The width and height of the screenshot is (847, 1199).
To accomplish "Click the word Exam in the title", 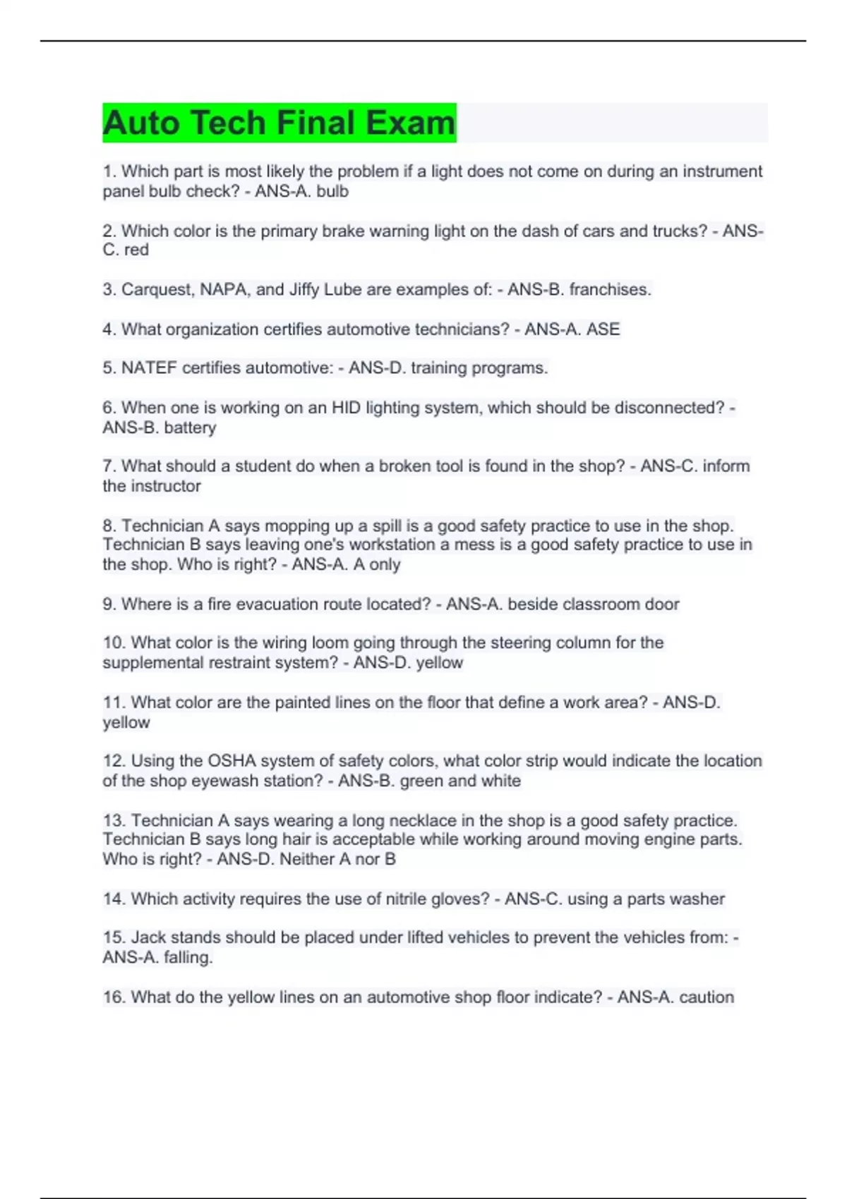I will click(x=410, y=123).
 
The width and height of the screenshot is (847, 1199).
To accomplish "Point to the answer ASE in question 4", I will click(x=603, y=329).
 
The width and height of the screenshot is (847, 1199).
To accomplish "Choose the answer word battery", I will click(x=190, y=427).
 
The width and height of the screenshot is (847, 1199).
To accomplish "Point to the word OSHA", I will click(x=224, y=761).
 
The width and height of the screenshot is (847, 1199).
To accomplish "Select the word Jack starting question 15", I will click(x=148, y=937).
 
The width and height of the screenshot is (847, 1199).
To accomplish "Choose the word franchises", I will click(x=610, y=290).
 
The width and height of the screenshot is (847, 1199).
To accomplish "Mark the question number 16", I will click(x=114, y=997).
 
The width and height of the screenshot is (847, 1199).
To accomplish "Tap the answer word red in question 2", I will click(x=136, y=250).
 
